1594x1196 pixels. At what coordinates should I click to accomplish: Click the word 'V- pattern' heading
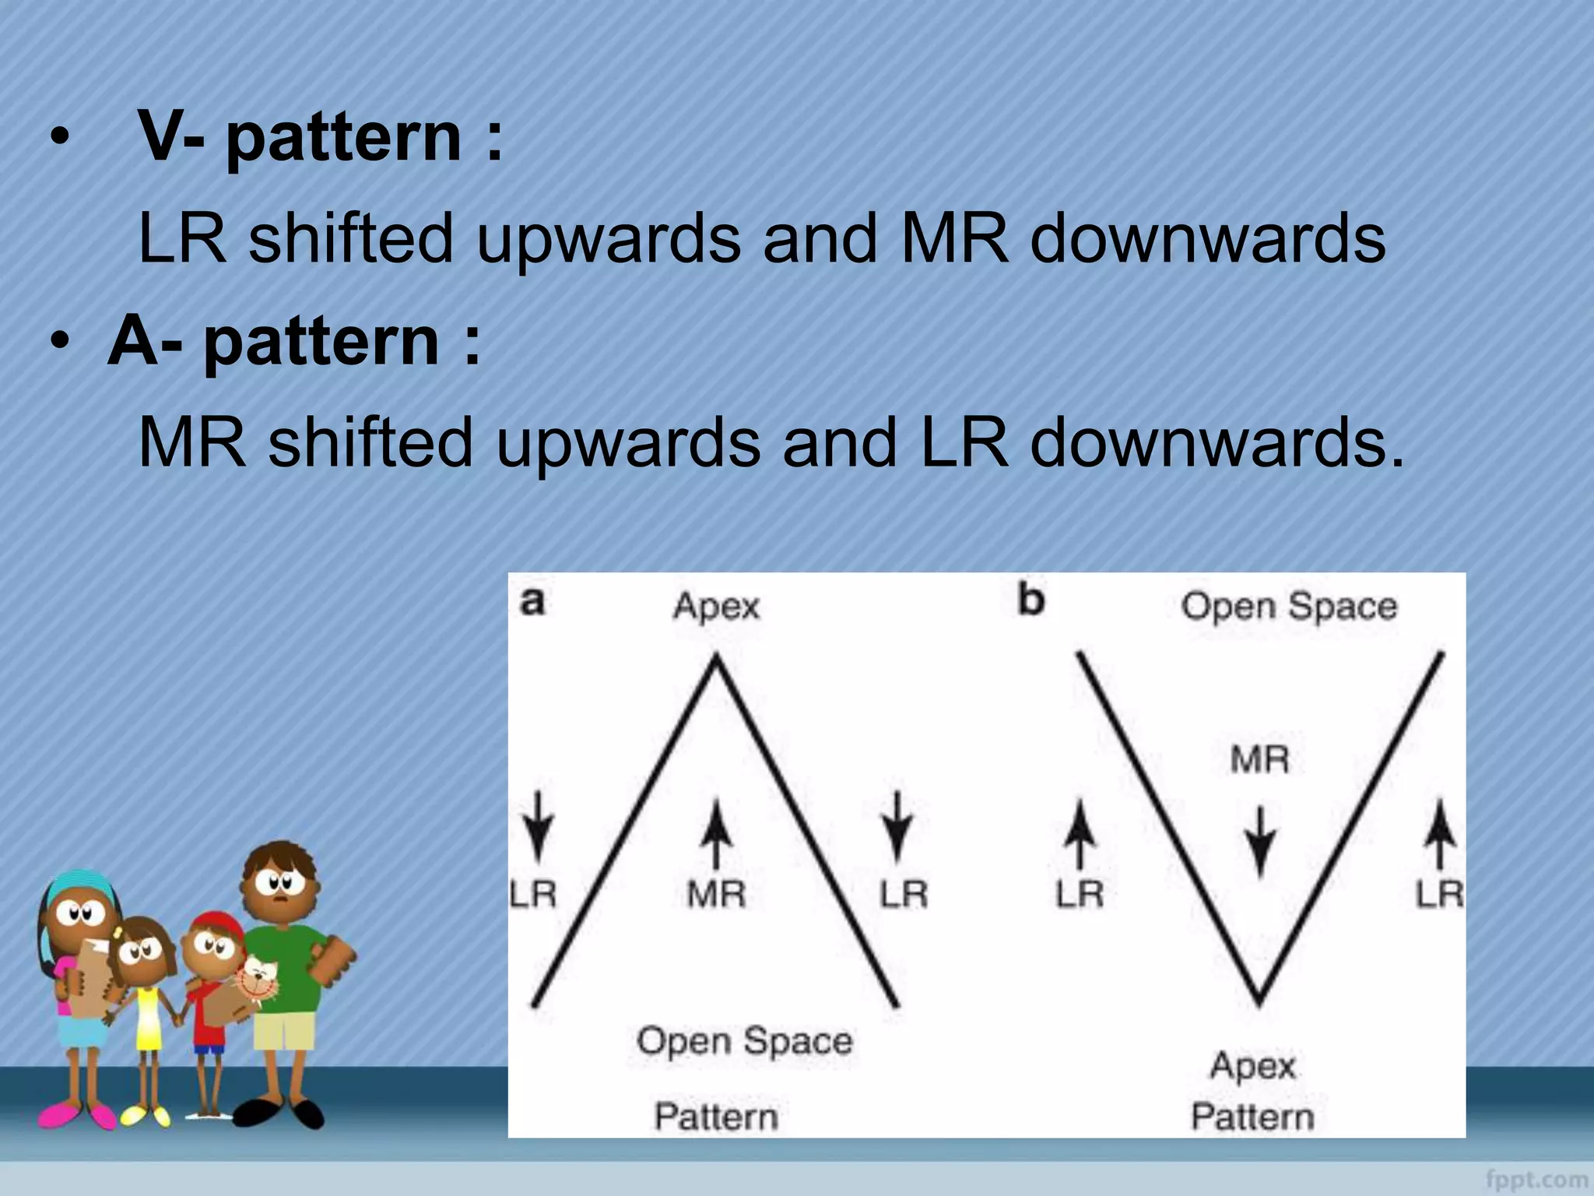point(319,137)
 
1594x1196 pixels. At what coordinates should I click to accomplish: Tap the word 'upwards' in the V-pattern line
point(608,238)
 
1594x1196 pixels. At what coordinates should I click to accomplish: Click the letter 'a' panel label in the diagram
point(532,602)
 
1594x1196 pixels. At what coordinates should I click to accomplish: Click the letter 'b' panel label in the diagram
point(1031,600)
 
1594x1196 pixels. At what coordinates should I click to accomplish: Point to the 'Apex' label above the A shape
point(716,607)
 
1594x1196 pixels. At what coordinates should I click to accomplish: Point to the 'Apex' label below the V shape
point(1252,1065)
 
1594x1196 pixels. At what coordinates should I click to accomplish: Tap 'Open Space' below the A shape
point(745,1041)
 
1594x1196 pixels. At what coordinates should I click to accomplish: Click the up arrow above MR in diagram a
point(716,836)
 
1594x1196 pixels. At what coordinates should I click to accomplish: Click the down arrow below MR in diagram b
point(1259,844)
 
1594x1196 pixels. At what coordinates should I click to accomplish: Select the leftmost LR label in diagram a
point(533,894)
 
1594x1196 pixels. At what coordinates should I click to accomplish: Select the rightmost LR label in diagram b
point(1439,894)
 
